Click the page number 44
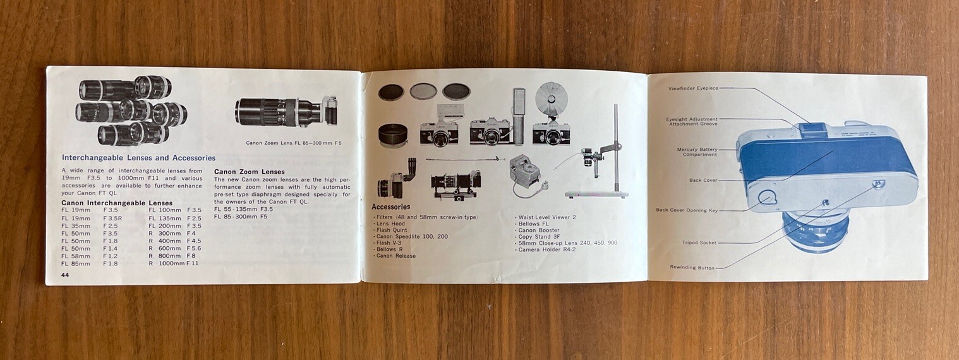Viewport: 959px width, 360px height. pos(65,275)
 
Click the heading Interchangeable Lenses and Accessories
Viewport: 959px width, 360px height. pos(139,158)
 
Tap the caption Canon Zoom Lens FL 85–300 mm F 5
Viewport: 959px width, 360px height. pos(294,143)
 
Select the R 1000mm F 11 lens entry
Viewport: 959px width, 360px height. pos(173,263)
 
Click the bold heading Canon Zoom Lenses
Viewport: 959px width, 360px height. pos(249,172)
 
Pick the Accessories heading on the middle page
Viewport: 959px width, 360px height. pos(391,207)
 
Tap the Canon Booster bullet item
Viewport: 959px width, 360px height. pos(538,231)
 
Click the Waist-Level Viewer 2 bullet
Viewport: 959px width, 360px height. pos(545,217)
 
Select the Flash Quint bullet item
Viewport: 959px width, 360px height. pos(390,230)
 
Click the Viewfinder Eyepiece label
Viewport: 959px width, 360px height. pos(693,88)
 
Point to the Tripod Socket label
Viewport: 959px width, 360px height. pos(699,243)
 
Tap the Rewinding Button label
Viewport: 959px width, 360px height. pos(692,268)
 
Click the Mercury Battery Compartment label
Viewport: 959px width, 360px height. pos(697,152)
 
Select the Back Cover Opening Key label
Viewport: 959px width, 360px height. pos(687,210)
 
